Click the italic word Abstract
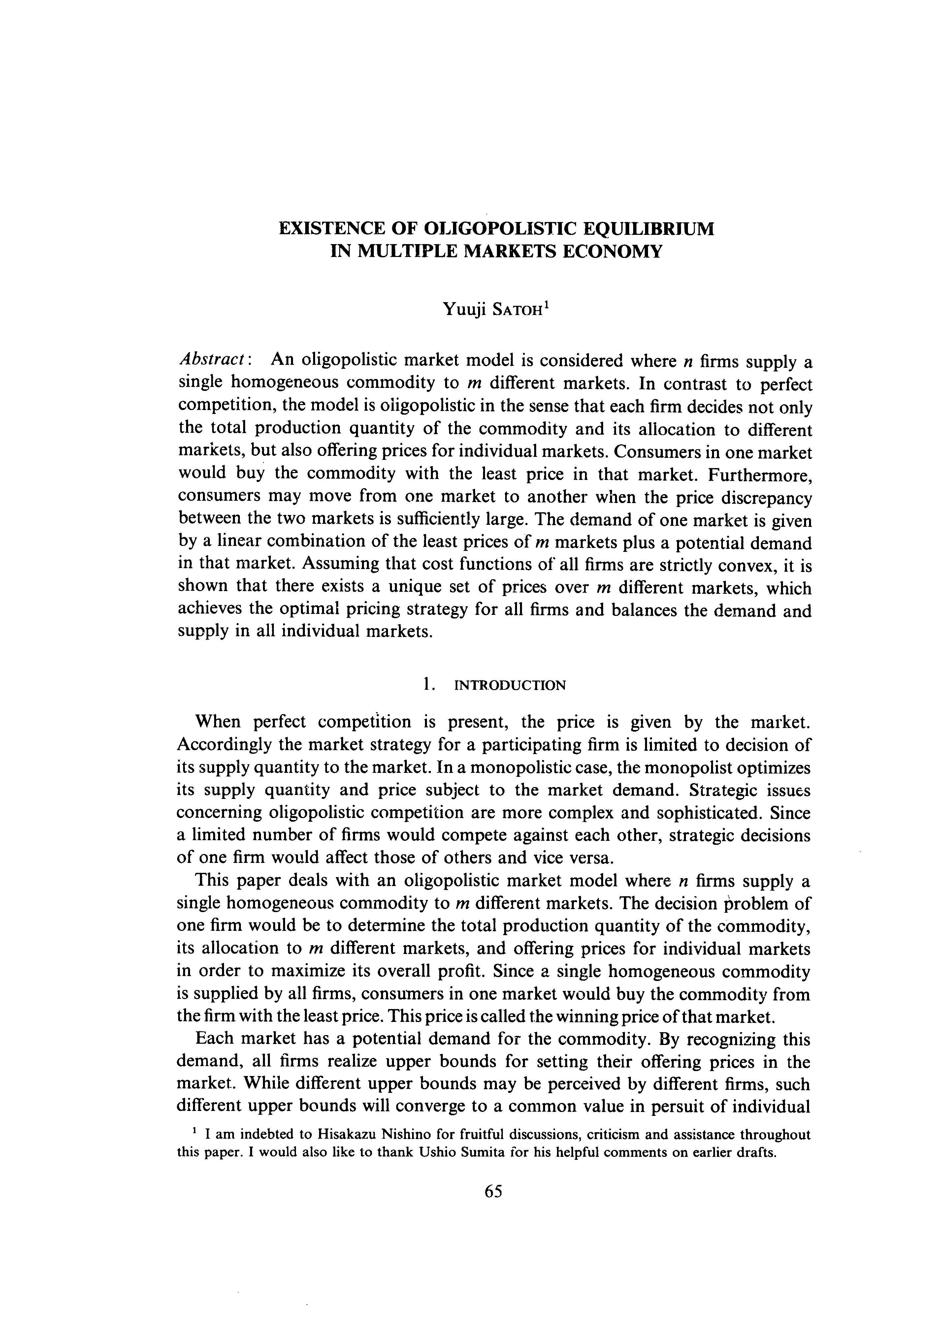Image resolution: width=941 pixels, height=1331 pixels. [213, 360]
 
